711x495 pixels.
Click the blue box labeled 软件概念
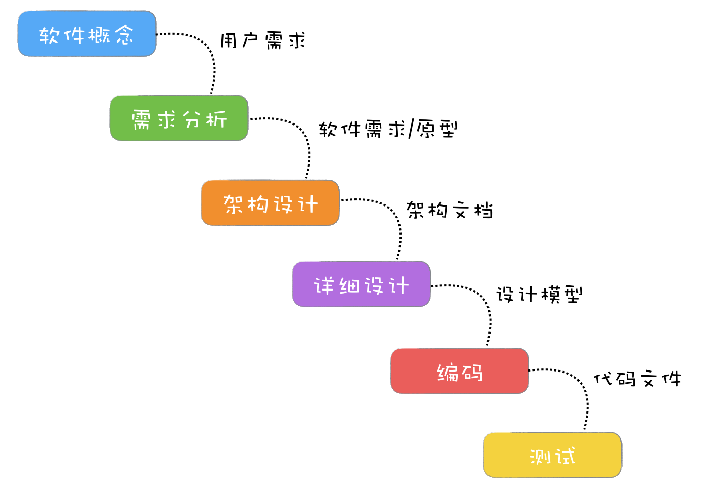coord(86,34)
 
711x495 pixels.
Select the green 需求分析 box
coord(179,118)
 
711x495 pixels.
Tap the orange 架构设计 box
coord(270,203)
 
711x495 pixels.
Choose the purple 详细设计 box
coord(361,284)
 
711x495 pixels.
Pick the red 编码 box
coord(459,371)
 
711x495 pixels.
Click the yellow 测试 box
coord(552,455)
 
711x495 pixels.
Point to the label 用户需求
coord(262,40)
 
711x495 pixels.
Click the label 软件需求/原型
coord(388,129)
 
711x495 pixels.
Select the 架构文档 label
coord(449,210)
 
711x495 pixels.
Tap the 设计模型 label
coord(539,294)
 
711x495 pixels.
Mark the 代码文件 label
coord(637,378)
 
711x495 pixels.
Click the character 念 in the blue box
coord(124,35)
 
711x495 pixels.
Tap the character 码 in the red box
coord(472,373)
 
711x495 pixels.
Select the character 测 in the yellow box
coord(540,456)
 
